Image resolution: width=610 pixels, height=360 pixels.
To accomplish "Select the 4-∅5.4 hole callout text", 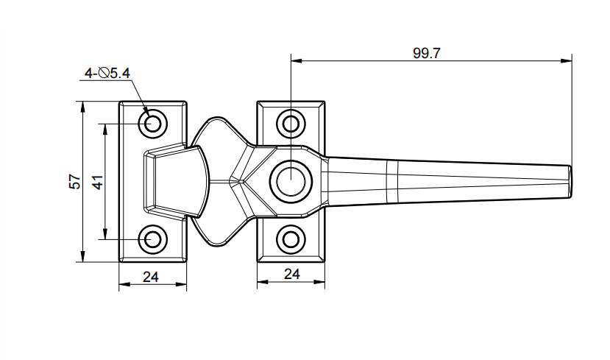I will tap(107, 73).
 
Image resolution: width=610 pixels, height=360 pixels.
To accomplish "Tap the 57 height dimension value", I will tap(74, 182).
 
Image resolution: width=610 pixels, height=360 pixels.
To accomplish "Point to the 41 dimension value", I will tap(97, 182).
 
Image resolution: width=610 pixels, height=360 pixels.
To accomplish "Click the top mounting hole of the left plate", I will tap(153, 122).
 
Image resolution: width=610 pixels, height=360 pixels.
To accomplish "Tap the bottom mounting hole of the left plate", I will tap(153, 239).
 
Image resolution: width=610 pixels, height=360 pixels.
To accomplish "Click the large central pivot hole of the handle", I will tap(291, 180).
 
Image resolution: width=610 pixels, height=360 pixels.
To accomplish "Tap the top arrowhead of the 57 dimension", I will tap(81, 106).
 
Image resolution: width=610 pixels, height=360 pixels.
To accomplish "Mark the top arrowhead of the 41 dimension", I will tap(106, 127).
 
